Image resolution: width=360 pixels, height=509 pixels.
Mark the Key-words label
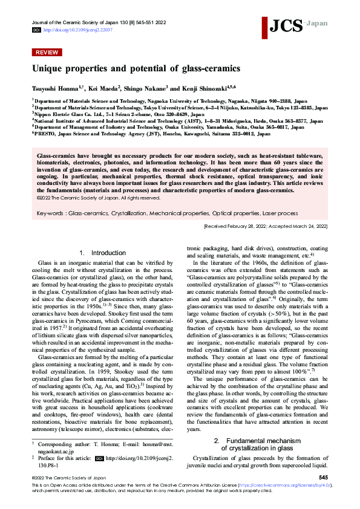pos(51,213)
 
